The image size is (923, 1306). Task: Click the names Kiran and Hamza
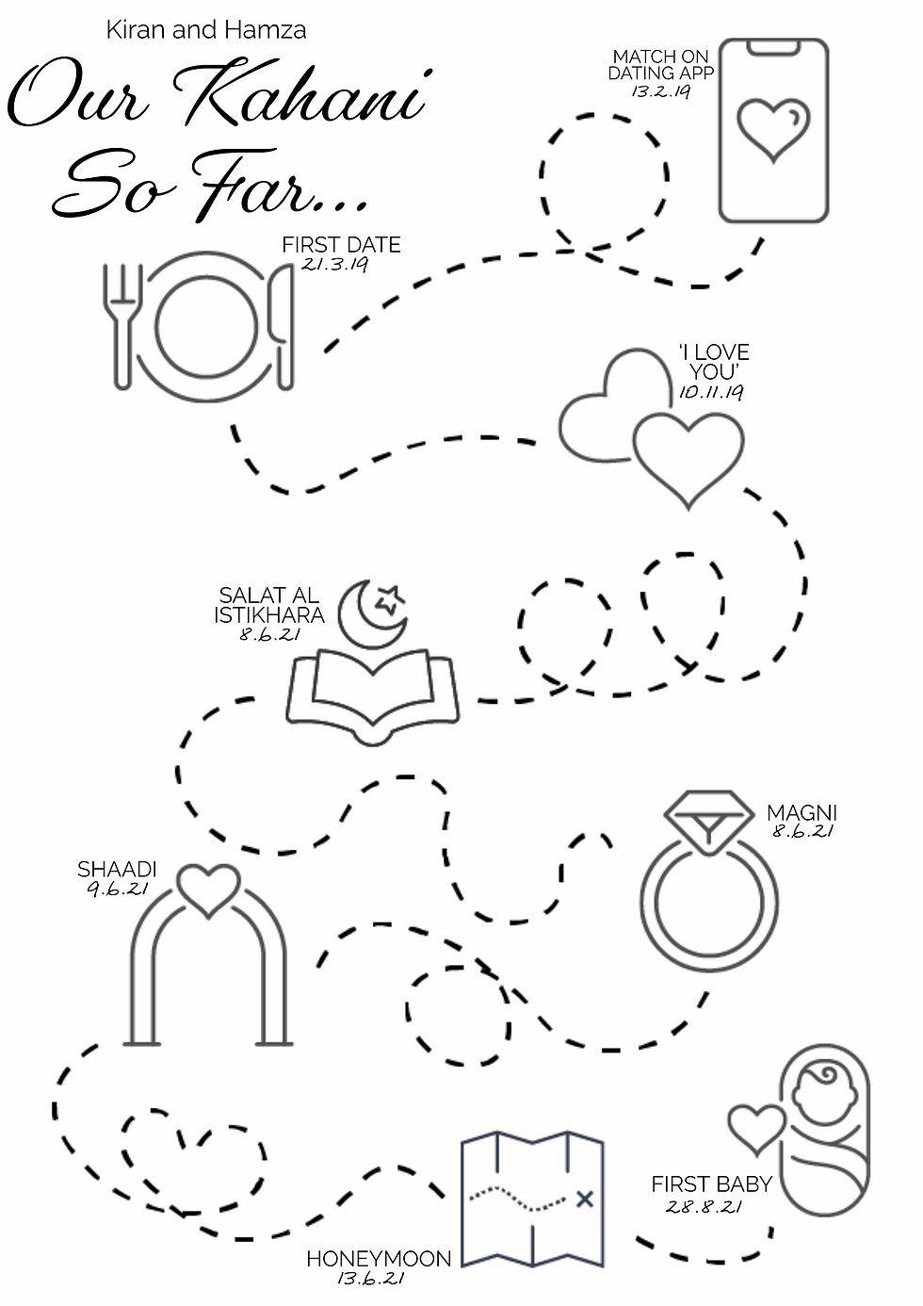coord(206,30)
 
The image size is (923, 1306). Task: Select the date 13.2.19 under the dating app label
coord(661,91)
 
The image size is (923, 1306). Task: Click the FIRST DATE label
coord(342,245)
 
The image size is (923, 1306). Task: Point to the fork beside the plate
coord(122,325)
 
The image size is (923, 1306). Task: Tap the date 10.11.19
coord(711,392)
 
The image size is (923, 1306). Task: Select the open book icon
coord(372,697)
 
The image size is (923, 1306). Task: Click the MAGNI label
coord(802,813)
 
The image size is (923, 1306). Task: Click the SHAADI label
coord(117,870)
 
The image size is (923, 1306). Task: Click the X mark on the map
coord(585,1200)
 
